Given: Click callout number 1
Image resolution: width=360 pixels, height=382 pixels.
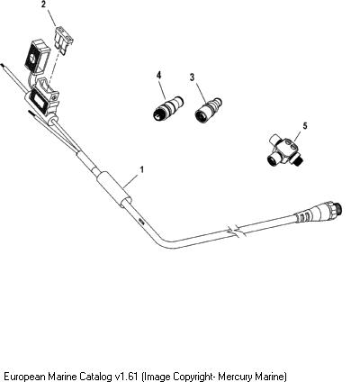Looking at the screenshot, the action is click(x=142, y=169).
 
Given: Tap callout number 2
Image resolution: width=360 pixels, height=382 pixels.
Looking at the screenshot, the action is click(x=44, y=5).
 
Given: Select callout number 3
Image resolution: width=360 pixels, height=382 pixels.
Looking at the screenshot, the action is click(x=192, y=77).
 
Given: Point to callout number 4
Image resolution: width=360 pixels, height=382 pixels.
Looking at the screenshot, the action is click(x=158, y=75).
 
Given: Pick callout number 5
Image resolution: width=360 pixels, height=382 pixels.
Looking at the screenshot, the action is click(x=305, y=126).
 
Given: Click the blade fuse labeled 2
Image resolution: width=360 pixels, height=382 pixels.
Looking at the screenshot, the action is click(x=64, y=40).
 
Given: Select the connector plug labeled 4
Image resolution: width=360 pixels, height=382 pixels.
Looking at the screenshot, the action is click(x=167, y=108).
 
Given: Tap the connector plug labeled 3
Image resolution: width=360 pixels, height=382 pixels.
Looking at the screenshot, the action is click(x=208, y=110).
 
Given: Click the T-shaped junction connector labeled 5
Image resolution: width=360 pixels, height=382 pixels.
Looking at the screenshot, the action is click(x=284, y=150).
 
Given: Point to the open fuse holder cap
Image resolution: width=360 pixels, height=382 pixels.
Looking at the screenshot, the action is click(x=36, y=58).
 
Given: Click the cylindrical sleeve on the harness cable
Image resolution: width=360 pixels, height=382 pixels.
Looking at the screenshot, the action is click(x=114, y=189).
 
